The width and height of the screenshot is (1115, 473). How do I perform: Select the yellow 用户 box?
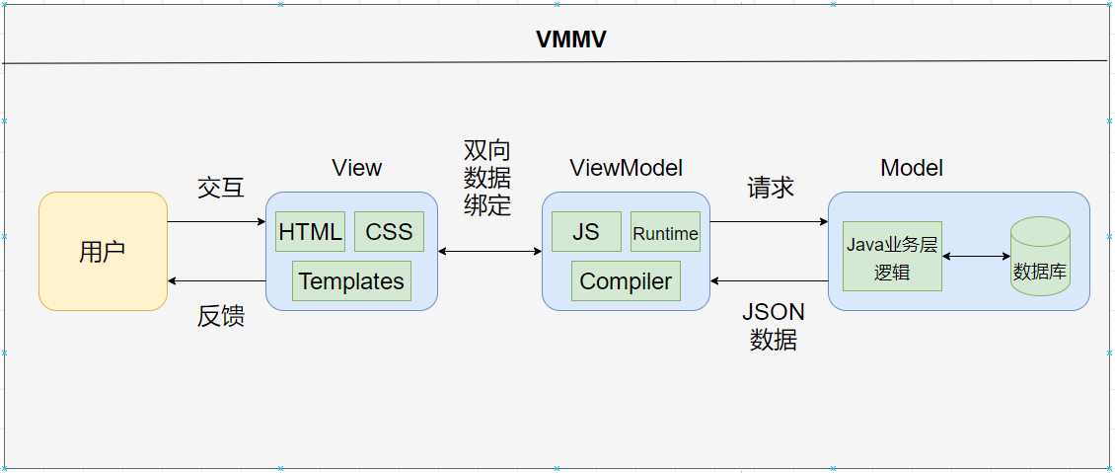pos(103,252)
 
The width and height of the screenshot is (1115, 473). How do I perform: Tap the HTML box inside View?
pos(310,232)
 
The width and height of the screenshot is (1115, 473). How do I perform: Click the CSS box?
pos(389,232)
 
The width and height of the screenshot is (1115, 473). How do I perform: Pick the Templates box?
pos(351,281)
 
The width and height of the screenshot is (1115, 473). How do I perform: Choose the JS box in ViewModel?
pos(586,232)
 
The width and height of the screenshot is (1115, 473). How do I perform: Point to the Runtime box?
pos(665,233)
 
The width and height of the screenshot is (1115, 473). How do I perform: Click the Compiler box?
pos(626,281)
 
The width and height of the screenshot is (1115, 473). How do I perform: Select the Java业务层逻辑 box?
pos(892,257)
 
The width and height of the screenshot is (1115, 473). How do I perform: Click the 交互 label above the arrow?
pos(221,188)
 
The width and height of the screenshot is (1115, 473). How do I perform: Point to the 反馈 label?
pos(221,316)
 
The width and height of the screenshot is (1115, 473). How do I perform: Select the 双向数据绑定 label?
pos(487,178)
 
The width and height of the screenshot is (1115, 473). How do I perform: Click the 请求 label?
pos(771,188)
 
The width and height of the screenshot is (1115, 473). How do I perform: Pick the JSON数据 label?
pos(774,326)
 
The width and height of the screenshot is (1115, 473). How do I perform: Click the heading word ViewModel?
pos(626,168)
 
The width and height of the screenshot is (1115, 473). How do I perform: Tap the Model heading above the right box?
pos(912,168)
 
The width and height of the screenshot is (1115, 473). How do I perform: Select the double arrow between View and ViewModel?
pos(489,252)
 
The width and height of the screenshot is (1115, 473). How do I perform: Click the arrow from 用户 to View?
pos(216,222)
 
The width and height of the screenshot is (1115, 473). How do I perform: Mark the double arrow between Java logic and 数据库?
pos(977,257)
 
